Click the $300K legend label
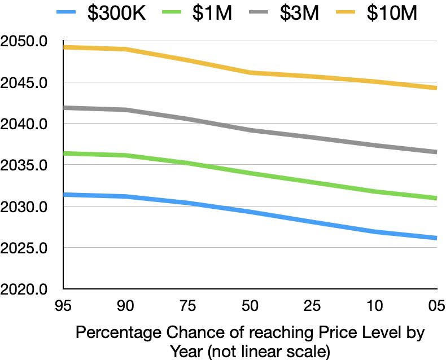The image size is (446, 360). click(x=117, y=14)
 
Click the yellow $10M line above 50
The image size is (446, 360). click(x=250, y=73)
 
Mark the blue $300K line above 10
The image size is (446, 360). click(x=374, y=231)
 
